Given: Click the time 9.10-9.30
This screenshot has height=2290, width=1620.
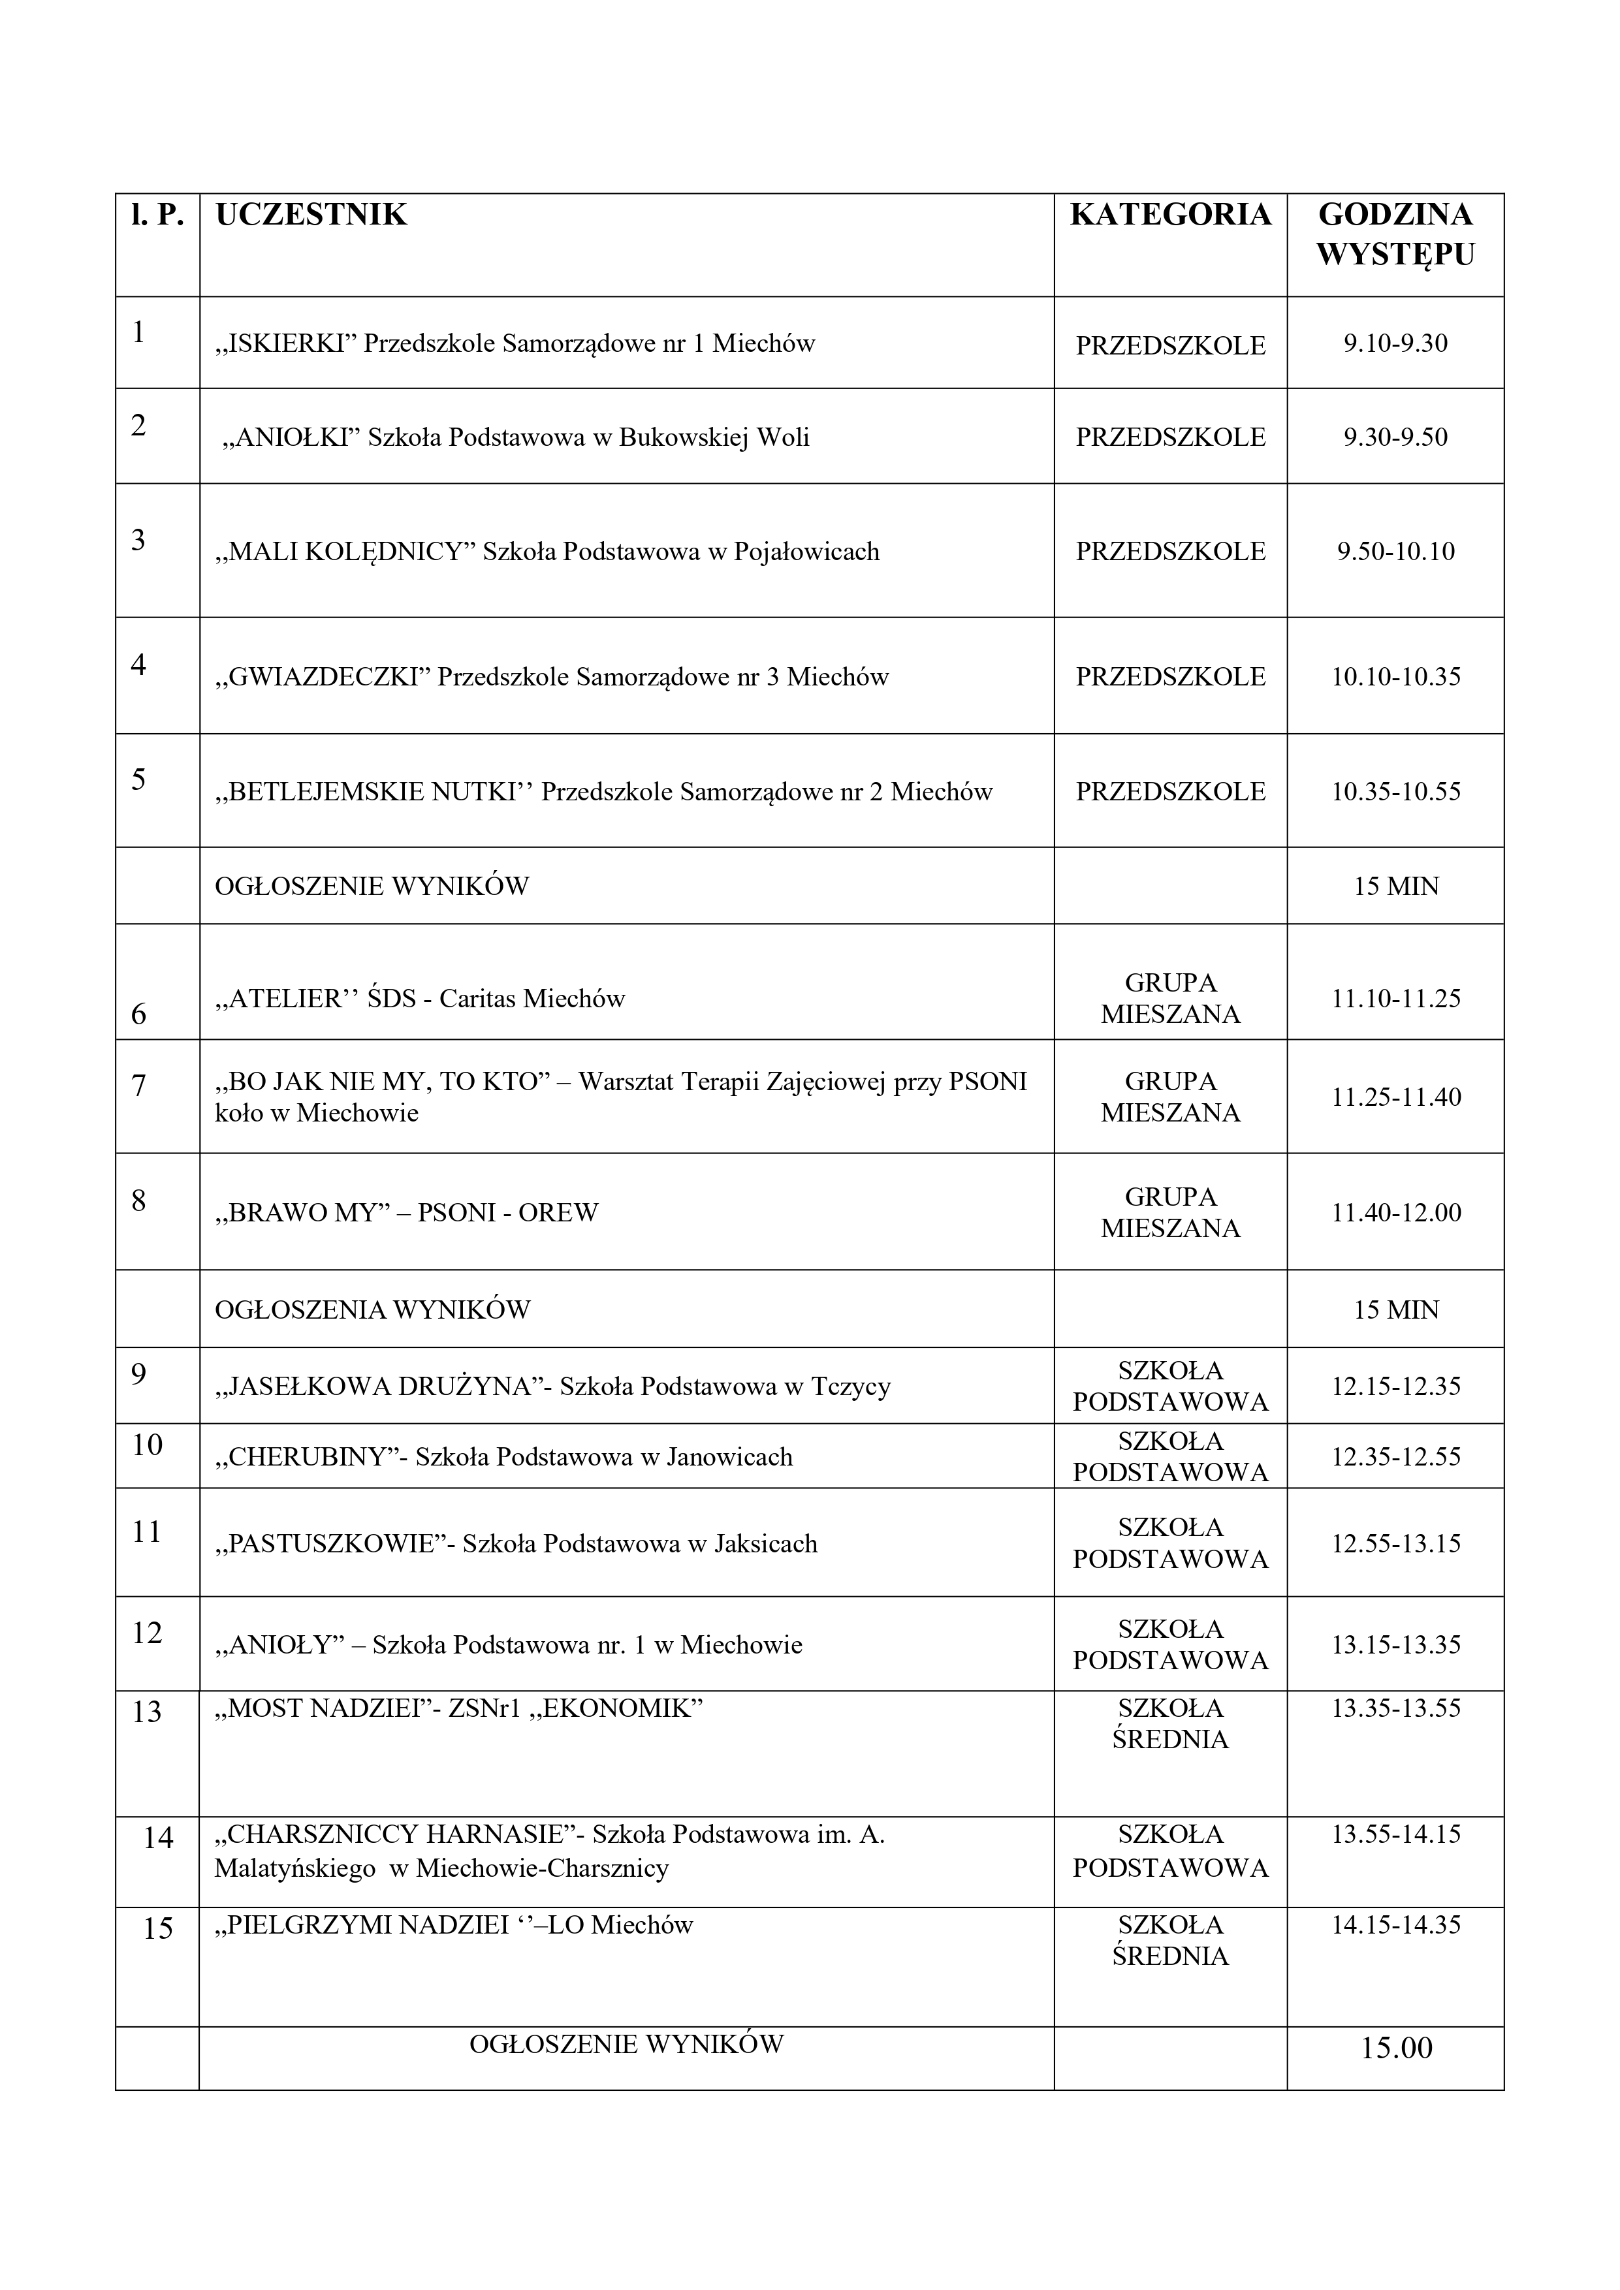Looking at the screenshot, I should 1395,344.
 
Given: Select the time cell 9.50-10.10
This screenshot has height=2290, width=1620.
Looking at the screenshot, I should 1395,552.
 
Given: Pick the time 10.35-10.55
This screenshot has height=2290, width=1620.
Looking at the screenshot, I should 1395,792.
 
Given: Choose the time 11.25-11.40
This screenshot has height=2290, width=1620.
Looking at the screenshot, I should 1395,1097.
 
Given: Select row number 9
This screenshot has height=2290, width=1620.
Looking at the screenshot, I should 138,1374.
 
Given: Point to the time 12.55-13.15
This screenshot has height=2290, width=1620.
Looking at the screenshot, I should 1395,1544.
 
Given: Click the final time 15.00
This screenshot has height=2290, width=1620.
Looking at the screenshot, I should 1395,2048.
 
